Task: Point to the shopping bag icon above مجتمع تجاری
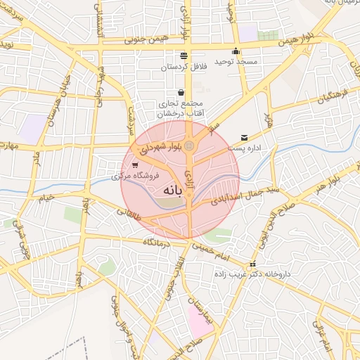[x=181, y=92]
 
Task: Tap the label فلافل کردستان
[x=181, y=67]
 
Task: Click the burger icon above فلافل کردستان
[x=184, y=56]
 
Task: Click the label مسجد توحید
[x=238, y=63]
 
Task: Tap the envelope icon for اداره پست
[x=244, y=137]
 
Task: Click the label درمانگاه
[x=158, y=241]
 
